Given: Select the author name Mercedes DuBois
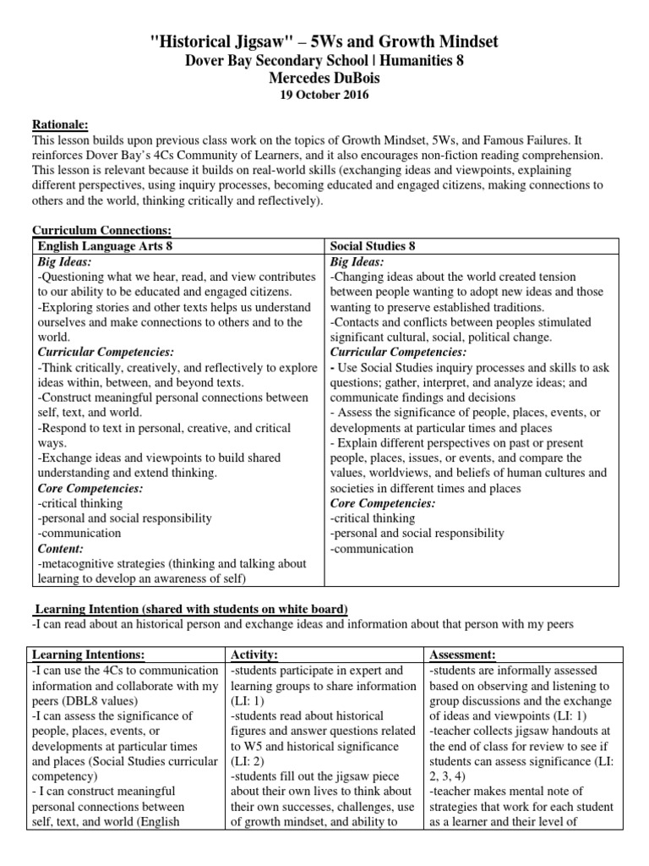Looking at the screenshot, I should pyautogui.click(x=324, y=78).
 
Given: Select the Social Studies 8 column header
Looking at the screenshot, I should pyautogui.click(x=372, y=246).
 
